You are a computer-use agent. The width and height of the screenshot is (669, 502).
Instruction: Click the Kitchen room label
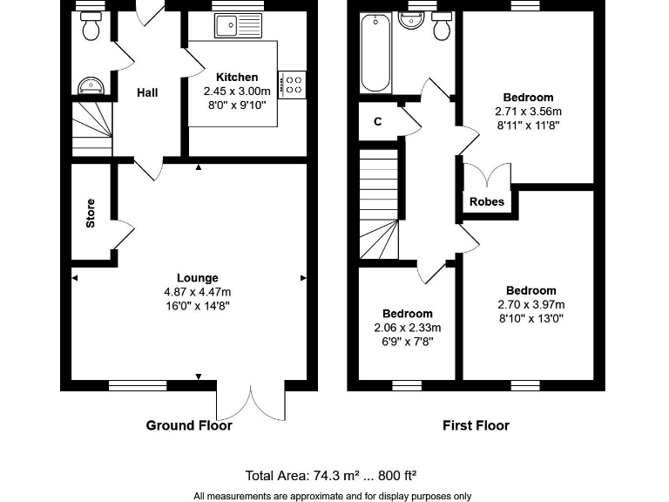tap(237, 78)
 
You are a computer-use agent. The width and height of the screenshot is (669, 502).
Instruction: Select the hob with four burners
tap(294, 85)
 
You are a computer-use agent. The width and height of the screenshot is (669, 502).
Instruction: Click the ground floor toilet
tap(89, 29)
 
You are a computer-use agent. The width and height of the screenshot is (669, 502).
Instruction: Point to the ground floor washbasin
tap(90, 85)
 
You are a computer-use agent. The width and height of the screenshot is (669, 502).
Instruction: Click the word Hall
tap(147, 92)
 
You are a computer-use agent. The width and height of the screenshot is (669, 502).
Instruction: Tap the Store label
tap(91, 214)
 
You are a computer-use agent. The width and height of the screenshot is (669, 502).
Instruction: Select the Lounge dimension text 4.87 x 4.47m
tap(197, 292)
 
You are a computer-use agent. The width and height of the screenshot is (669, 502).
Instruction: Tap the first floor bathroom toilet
tap(442, 28)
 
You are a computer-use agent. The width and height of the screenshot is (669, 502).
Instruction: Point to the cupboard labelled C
tap(378, 122)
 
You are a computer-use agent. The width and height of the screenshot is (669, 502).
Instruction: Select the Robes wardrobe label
tap(487, 201)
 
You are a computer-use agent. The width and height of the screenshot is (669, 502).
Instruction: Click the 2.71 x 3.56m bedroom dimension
tap(528, 112)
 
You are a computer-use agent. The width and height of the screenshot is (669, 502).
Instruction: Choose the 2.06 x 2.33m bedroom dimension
tap(407, 328)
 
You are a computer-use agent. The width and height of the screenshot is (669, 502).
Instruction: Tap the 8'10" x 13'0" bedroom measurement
tap(530, 318)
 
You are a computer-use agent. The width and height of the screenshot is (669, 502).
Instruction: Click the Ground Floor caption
tap(189, 426)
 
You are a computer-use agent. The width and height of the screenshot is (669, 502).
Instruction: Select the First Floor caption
tap(476, 426)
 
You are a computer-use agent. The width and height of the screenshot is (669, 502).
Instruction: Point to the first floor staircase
tap(380, 205)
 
